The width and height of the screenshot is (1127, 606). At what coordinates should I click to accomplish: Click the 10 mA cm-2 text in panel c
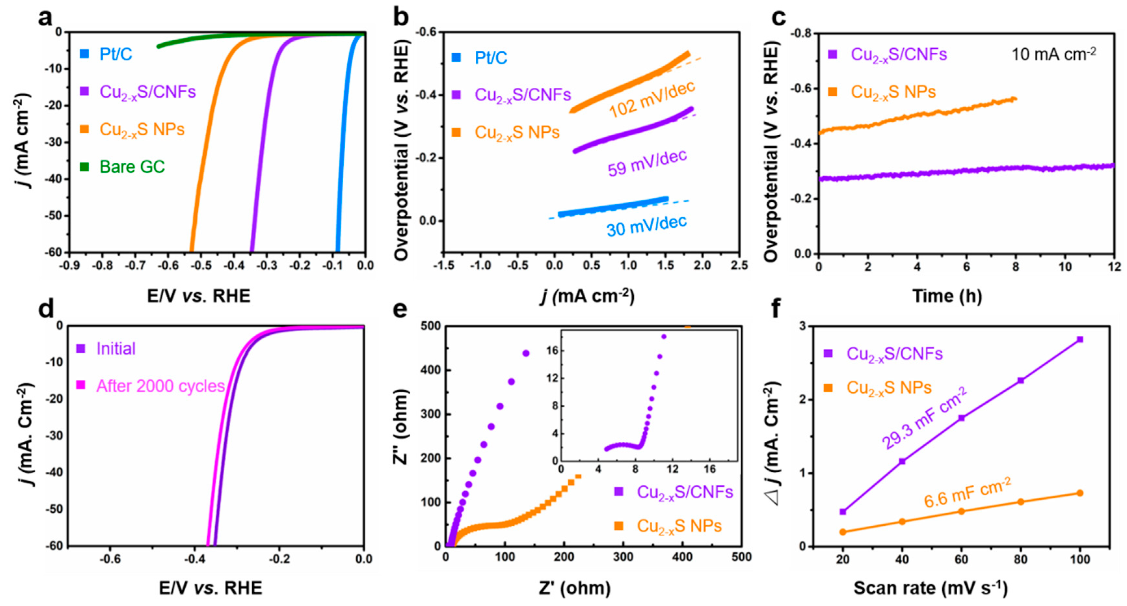1054,54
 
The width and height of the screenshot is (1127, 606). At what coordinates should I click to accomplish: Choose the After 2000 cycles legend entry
160,386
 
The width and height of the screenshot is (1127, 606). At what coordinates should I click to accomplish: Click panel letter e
400,309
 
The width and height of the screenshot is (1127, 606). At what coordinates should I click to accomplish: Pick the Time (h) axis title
947,296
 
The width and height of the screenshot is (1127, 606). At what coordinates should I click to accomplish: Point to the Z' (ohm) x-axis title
575,588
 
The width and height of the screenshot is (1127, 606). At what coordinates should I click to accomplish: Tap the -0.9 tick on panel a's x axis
70,265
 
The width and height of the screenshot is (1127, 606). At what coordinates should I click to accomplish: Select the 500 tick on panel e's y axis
431,326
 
